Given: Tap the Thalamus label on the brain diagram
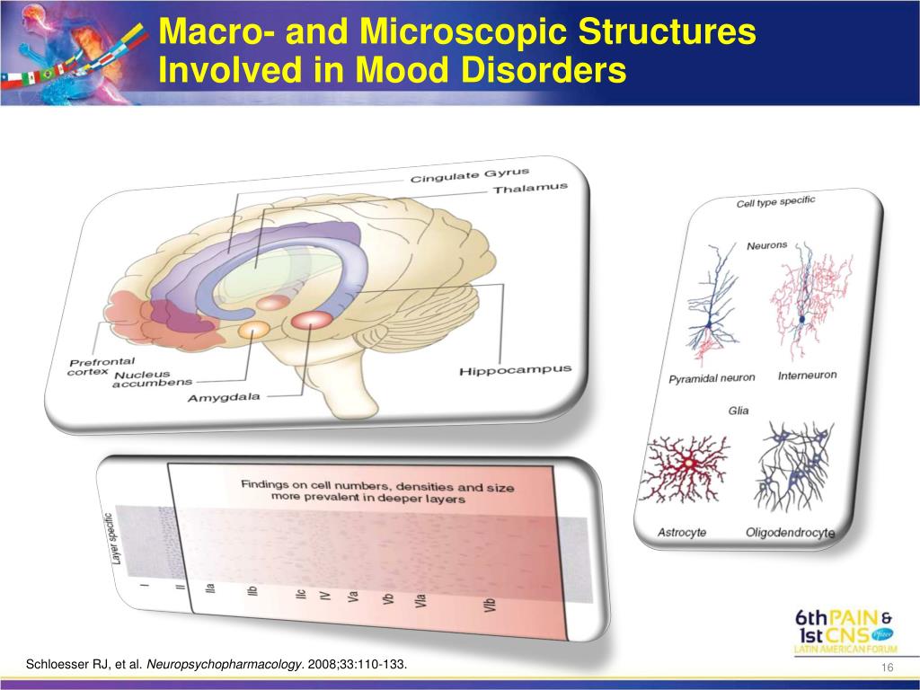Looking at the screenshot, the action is [531, 190].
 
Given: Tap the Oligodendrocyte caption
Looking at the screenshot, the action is [790, 533].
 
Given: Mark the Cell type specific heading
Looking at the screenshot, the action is [775, 202].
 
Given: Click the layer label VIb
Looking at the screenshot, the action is [490, 605].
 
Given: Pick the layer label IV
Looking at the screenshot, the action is [326, 594].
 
